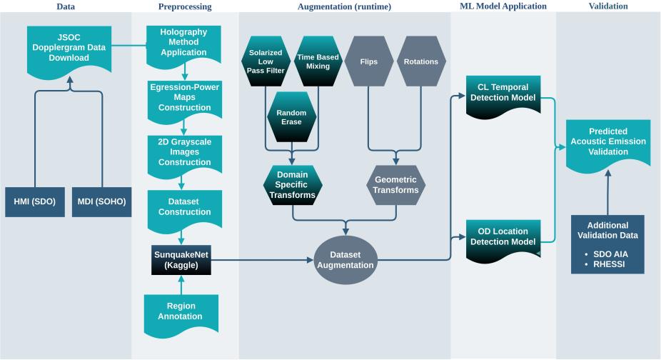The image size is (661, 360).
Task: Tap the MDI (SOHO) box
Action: pos(101,201)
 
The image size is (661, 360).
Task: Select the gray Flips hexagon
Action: pos(370,61)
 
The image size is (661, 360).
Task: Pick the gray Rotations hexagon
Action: pos(420,61)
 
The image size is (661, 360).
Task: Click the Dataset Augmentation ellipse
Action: pos(346,259)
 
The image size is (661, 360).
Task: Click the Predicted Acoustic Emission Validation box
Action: pos(608,141)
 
